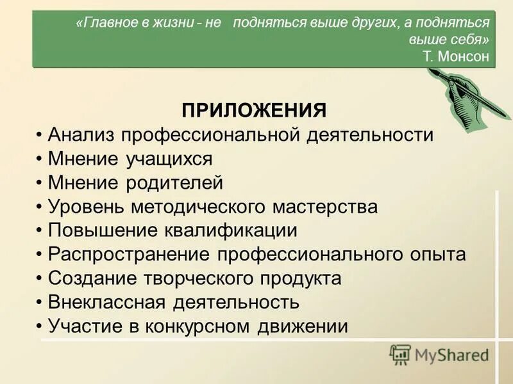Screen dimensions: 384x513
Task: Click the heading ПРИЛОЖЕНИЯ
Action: tap(254, 109)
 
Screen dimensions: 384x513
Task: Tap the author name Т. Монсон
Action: tap(456, 56)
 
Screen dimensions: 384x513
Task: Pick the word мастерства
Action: tap(322, 207)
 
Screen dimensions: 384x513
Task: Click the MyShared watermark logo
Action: tap(439, 355)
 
